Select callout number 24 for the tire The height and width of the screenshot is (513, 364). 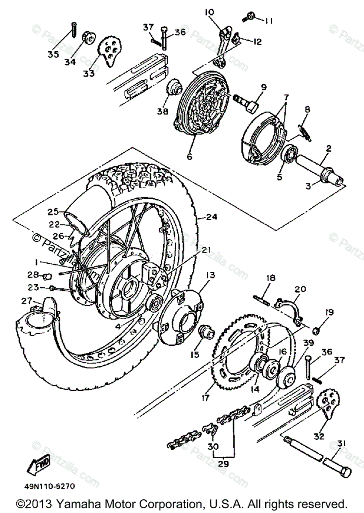211,217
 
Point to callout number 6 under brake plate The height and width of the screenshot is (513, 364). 189,156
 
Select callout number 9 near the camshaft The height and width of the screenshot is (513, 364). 263,87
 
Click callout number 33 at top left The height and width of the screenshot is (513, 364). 88,73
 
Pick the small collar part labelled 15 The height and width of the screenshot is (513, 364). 207,332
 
